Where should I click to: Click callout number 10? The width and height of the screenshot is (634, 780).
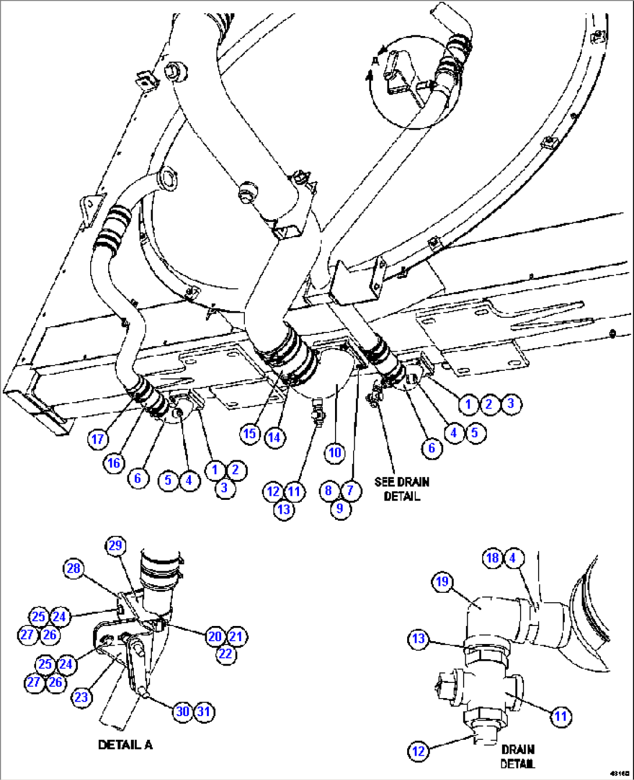click(x=334, y=453)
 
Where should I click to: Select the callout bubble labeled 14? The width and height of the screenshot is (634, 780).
click(x=274, y=436)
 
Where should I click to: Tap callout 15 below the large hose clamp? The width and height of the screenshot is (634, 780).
click(x=250, y=434)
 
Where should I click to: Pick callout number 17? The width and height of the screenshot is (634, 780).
click(x=98, y=439)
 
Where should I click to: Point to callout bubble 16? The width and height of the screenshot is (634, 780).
click(x=114, y=463)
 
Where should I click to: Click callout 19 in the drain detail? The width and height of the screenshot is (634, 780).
click(x=443, y=582)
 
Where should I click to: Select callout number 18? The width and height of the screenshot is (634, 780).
click(x=492, y=558)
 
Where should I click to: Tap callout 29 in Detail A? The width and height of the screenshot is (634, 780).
click(x=115, y=545)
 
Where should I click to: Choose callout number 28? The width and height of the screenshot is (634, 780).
click(x=73, y=568)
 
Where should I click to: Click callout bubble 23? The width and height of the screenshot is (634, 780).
click(x=81, y=697)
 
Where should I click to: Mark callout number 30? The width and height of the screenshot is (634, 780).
click(x=183, y=711)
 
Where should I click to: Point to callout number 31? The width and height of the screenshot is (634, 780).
click(x=204, y=711)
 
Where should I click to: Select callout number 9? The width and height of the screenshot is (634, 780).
click(x=340, y=509)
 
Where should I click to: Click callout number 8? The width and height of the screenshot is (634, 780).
click(x=329, y=491)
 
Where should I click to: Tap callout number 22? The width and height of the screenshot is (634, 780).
click(x=225, y=654)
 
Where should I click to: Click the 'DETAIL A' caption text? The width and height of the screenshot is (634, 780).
click(x=125, y=745)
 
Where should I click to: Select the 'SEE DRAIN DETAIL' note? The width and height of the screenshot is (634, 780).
click(x=401, y=489)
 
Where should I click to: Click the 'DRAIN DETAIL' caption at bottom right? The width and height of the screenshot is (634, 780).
click(x=517, y=756)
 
